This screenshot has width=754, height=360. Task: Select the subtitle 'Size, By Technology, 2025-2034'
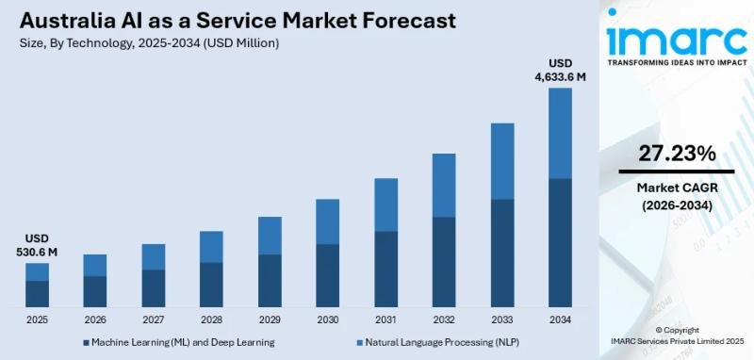click(x=104, y=42)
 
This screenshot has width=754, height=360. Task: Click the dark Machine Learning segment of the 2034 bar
click(x=560, y=242)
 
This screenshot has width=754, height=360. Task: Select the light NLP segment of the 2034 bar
click(x=560, y=133)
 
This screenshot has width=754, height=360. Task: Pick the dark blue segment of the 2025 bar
click(x=37, y=293)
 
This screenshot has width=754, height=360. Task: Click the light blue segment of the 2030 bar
click(x=327, y=221)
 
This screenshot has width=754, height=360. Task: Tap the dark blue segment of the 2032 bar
click(x=444, y=262)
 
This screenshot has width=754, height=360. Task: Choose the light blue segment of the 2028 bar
click(x=211, y=247)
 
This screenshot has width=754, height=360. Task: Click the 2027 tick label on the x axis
click(x=153, y=319)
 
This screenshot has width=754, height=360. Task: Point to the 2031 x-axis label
click(x=385, y=319)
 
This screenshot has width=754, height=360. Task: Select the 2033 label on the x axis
click(x=501, y=319)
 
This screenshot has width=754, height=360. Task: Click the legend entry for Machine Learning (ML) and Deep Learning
click(x=179, y=342)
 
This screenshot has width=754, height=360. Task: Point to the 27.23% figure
click(x=677, y=154)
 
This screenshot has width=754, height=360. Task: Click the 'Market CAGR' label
click(x=677, y=188)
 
